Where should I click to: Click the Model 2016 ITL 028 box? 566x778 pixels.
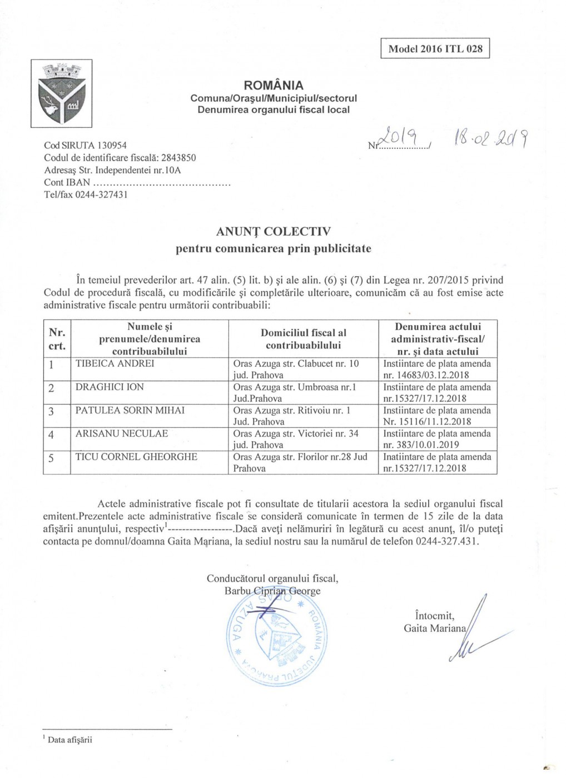435,48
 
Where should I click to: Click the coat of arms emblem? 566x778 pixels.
61,93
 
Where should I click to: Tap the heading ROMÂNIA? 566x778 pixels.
274,86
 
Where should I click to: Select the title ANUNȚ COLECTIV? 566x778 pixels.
274,231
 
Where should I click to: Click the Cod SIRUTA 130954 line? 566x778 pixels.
85,146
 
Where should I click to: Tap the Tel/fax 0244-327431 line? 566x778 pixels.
86,194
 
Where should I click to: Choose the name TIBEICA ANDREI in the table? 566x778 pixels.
115,364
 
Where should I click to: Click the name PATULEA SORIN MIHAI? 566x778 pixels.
130,411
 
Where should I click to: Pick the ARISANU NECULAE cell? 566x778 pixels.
122,434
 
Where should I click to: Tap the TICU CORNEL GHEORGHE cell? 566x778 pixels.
137,457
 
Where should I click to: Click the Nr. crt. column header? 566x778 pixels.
57,339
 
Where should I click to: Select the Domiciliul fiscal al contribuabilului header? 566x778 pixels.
303,339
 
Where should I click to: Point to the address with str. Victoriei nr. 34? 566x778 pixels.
296,439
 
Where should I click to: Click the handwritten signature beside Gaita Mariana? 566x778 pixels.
473,634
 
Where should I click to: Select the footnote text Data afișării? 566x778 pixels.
70,740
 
